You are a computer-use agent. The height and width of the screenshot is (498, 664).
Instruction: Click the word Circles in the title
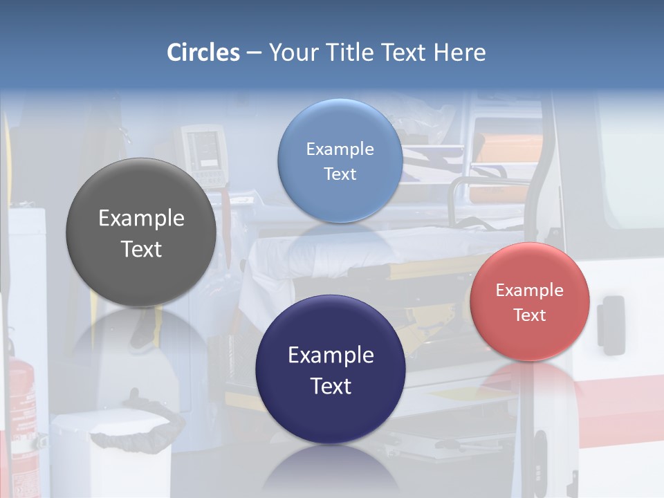pyautogui.click(x=203, y=53)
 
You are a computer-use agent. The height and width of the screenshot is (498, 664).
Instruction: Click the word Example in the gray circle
pyautogui.click(x=141, y=219)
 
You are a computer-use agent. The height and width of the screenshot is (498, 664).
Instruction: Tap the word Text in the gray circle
pyautogui.click(x=141, y=249)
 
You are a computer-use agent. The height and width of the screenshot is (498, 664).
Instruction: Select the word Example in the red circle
pyautogui.click(x=530, y=290)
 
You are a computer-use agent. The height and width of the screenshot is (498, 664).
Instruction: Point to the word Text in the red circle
pyautogui.click(x=530, y=315)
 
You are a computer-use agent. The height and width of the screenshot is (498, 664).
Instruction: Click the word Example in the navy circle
pyautogui.click(x=331, y=356)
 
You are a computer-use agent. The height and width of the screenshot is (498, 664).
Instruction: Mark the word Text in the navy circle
pyautogui.click(x=331, y=386)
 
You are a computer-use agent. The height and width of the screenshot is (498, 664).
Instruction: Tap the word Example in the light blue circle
pyautogui.click(x=340, y=149)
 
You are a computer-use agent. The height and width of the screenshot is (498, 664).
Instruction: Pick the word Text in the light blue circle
pyautogui.click(x=340, y=174)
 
